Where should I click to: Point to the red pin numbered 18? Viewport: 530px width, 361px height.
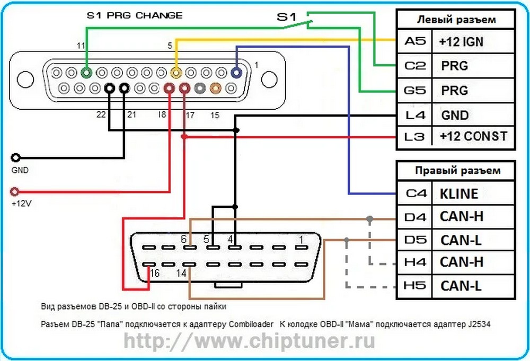click(x=170, y=89)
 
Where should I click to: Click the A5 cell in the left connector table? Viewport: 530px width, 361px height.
click(x=414, y=41)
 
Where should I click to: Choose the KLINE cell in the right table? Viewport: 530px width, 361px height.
click(x=459, y=193)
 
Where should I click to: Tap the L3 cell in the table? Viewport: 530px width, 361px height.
click(x=414, y=136)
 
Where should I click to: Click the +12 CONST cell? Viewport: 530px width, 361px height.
click(x=473, y=136)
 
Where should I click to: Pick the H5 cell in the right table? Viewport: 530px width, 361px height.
click(x=414, y=286)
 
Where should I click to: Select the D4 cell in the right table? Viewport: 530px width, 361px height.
click(x=414, y=217)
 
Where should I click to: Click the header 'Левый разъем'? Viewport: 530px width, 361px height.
click(x=456, y=20)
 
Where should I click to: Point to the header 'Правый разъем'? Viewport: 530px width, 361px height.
click(x=456, y=171)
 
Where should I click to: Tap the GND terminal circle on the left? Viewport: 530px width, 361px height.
click(x=16, y=158)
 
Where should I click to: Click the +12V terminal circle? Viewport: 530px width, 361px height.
click(x=16, y=191)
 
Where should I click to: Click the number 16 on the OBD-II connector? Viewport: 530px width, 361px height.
click(x=155, y=274)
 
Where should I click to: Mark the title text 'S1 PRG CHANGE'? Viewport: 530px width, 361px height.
click(x=135, y=15)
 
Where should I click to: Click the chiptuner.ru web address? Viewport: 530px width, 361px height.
click(x=249, y=341)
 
